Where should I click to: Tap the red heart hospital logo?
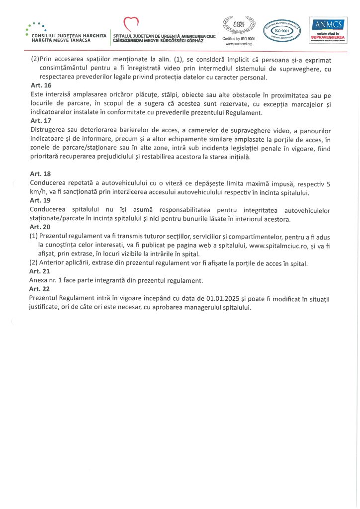coord(131,23)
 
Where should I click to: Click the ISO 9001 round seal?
coord(282,31)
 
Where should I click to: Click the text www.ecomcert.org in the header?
coord(239,44)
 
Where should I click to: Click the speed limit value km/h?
coord(38,192)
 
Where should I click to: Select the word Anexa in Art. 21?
coord(40,280)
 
